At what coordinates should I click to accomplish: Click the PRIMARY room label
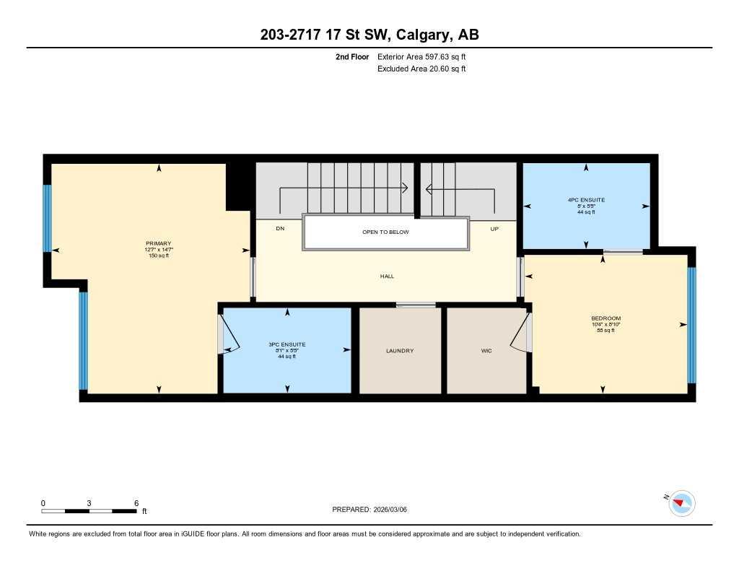point(157,244)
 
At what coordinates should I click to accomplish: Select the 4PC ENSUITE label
point(586,199)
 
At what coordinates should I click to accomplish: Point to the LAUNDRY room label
point(400,351)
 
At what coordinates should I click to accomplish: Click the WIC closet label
point(486,351)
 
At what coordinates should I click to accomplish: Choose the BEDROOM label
point(605,318)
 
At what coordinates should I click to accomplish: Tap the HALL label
point(387,276)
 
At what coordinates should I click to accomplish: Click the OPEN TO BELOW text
point(385,232)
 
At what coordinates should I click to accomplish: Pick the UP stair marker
point(494,229)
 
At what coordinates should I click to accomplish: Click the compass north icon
point(681,503)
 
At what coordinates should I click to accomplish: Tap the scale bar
point(89,511)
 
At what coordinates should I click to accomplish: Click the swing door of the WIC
point(520,334)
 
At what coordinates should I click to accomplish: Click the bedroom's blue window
point(691,325)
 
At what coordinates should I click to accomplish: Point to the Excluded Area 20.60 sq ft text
point(421,69)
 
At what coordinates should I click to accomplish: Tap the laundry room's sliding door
point(416,305)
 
